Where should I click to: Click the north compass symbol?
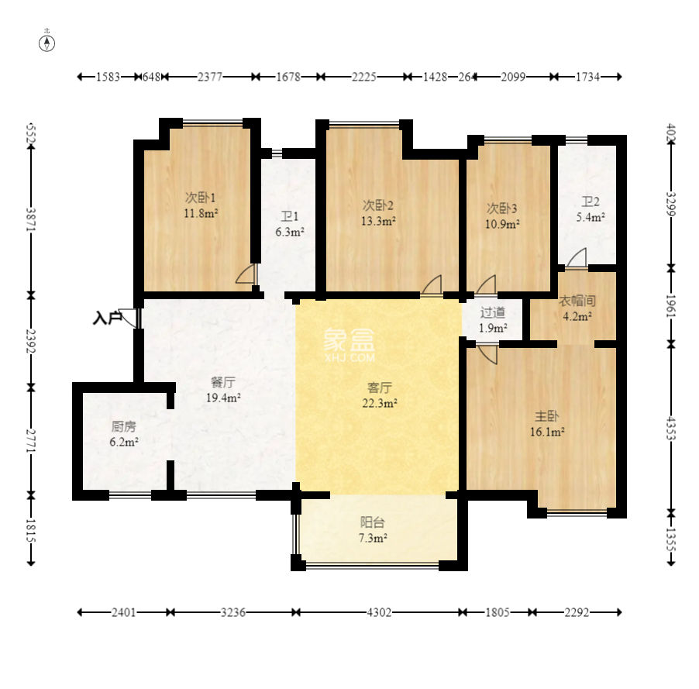[x=46, y=43]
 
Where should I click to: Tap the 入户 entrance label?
[x=107, y=318]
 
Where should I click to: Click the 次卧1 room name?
[x=200, y=197]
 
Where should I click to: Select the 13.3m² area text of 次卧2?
[x=378, y=221]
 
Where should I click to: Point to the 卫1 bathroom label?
[x=289, y=217]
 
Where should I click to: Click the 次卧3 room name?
[x=501, y=208]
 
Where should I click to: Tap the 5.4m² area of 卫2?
[x=591, y=217]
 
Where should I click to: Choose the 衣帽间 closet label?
[x=577, y=301]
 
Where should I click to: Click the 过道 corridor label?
[x=492, y=312]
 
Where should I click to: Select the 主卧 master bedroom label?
[x=546, y=416]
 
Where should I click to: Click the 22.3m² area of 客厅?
[x=380, y=403]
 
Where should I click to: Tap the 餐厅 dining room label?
[x=223, y=382]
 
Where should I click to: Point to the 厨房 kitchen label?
[x=123, y=427]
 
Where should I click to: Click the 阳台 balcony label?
[x=372, y=522]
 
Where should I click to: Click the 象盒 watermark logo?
[x=349, y=345]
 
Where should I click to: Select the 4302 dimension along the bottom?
[x=379, y=612]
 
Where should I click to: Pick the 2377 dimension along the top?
[x=210, y=77]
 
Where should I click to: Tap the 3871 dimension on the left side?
[x=31, y=219]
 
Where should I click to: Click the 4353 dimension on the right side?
[x=671, y=428]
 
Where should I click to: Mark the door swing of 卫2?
[x=577, y=259]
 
